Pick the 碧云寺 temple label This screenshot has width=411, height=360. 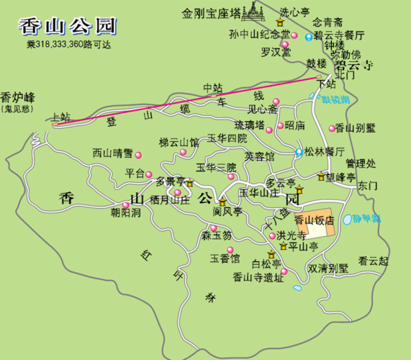352,63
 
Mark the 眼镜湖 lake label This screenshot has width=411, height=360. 336,100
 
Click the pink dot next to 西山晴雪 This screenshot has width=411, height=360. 138,155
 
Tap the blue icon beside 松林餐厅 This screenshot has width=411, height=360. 299,152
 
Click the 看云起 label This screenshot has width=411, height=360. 374,261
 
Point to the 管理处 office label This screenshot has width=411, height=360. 361,163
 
